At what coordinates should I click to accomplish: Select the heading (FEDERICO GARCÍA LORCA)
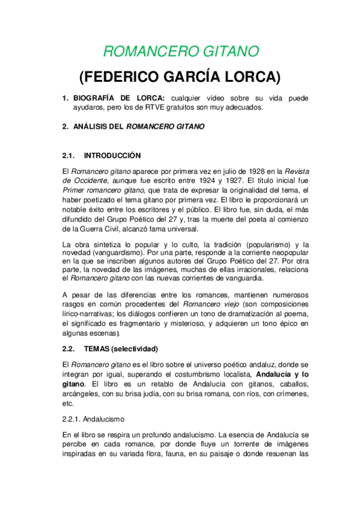coord(180,77)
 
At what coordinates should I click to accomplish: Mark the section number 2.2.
coord(68,348)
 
